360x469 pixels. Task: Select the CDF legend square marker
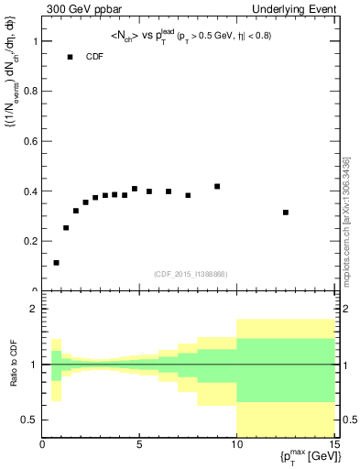coord(70,57)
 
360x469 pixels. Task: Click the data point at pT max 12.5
coord(286,213)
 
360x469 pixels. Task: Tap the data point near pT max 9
coord(217,187)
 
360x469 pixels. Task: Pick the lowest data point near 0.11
coord(57,263)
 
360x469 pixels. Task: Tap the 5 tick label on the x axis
coord(139,446)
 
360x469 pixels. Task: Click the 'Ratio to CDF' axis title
coord(13,365)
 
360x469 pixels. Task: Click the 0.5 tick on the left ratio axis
coord(31,420)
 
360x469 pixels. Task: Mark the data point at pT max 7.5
coord(188,195)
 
